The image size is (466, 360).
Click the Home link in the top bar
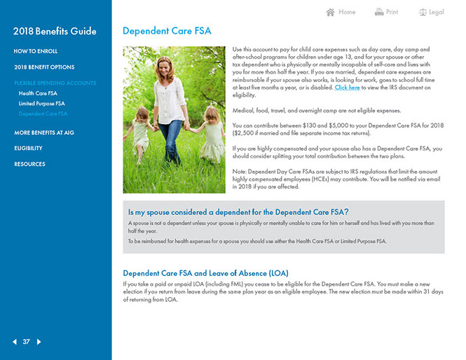(347, 12)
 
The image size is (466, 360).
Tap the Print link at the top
(392, 12)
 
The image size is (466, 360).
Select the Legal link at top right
(437, 12)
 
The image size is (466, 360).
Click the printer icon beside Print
(379, 12)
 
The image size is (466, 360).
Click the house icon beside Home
(331, 12)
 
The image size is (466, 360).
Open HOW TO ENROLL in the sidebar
(36, 51)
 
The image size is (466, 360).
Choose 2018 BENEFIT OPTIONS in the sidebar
(44, 67)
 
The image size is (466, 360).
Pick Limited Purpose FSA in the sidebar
(42, 103)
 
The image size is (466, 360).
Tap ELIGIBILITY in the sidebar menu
(29, 148)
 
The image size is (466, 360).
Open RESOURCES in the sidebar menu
(29, 164)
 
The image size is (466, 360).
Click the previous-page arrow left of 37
(14, 342)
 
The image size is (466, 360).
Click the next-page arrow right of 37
(39, 342)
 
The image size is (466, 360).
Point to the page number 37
(27, 342)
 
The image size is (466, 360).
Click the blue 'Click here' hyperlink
(348, 88)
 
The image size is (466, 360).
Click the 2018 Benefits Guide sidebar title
(55, 31)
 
